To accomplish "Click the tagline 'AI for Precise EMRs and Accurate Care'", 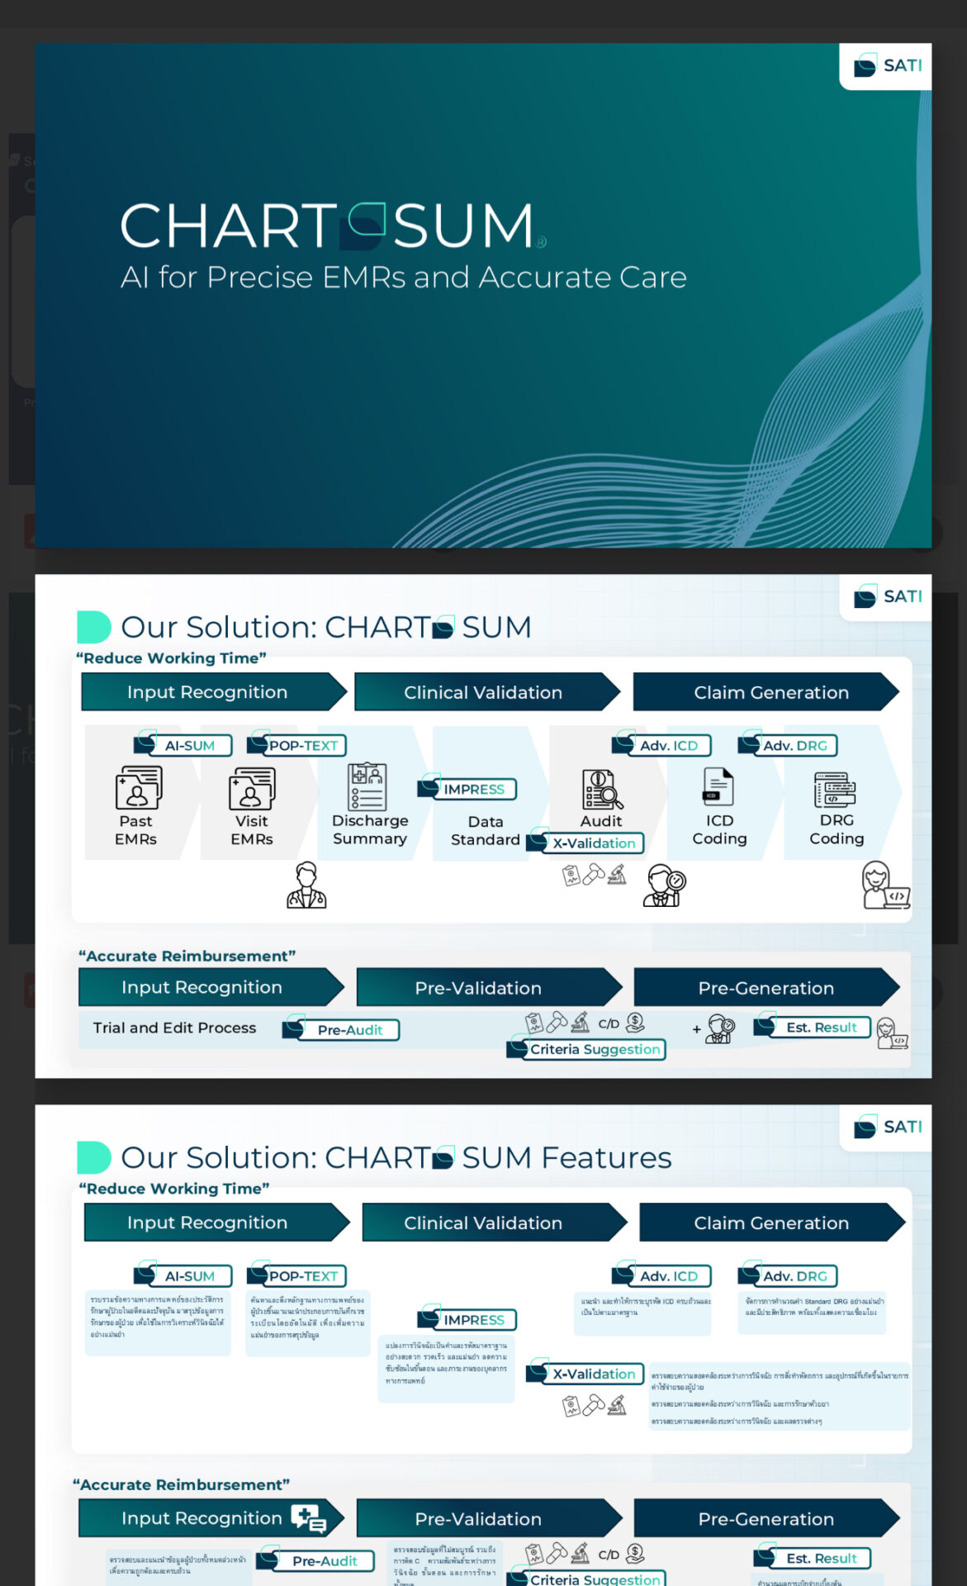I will [x=403, y=278].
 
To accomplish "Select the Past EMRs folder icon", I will [x=138, y=787].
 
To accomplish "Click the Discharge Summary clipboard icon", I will [x=367, y=786].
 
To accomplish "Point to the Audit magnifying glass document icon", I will [x=602, y=790].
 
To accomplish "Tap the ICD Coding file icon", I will [x=718, y=786].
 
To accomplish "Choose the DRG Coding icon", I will [x=835, y=790].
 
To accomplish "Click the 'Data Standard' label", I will [x=485, y=831].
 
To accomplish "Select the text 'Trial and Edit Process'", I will [x=174, y=1028].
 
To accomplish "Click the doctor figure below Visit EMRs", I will [x=306, y=886].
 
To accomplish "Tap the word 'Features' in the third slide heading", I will [x=607, y=1158].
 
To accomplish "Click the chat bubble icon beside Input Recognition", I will [x=308, y=1518].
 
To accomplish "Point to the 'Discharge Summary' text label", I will [x=370, y=829].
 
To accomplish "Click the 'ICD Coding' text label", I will [x=719, y=829].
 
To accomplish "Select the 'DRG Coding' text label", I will [x=837, y=829].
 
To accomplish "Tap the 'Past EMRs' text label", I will [x=136, y=830].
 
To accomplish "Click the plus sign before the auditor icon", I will [x=696, y=1029].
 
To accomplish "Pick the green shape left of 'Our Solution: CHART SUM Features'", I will [x=93, y=1157].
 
